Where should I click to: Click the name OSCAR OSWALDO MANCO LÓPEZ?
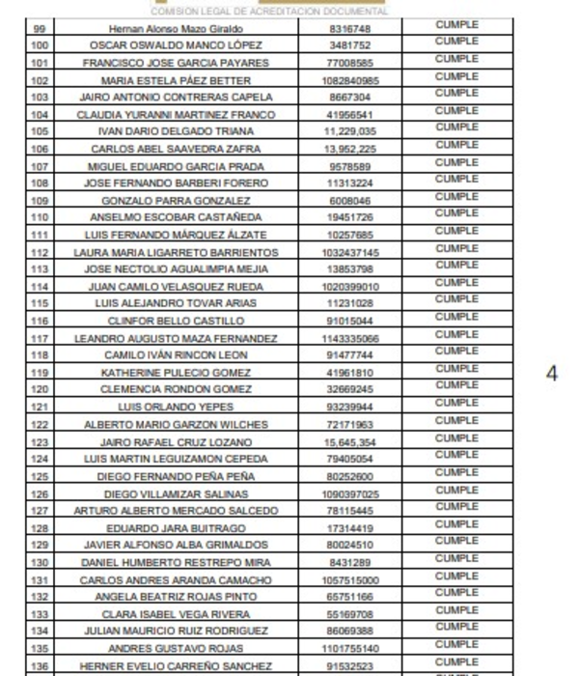176,45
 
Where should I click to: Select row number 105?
40,131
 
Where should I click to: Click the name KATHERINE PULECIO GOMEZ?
176,373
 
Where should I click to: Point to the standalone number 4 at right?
551,375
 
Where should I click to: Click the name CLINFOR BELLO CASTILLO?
176,321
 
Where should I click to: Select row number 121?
40,408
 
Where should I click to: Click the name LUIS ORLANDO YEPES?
176,408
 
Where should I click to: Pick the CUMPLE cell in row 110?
456,213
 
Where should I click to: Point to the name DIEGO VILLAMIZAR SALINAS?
176,493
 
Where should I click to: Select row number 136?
40,666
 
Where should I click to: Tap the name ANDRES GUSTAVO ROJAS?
176,649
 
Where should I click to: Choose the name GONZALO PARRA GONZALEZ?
176,201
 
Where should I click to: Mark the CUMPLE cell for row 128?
456,524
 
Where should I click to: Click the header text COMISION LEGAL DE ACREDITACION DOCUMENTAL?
276,12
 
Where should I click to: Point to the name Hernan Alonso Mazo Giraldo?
176,29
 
